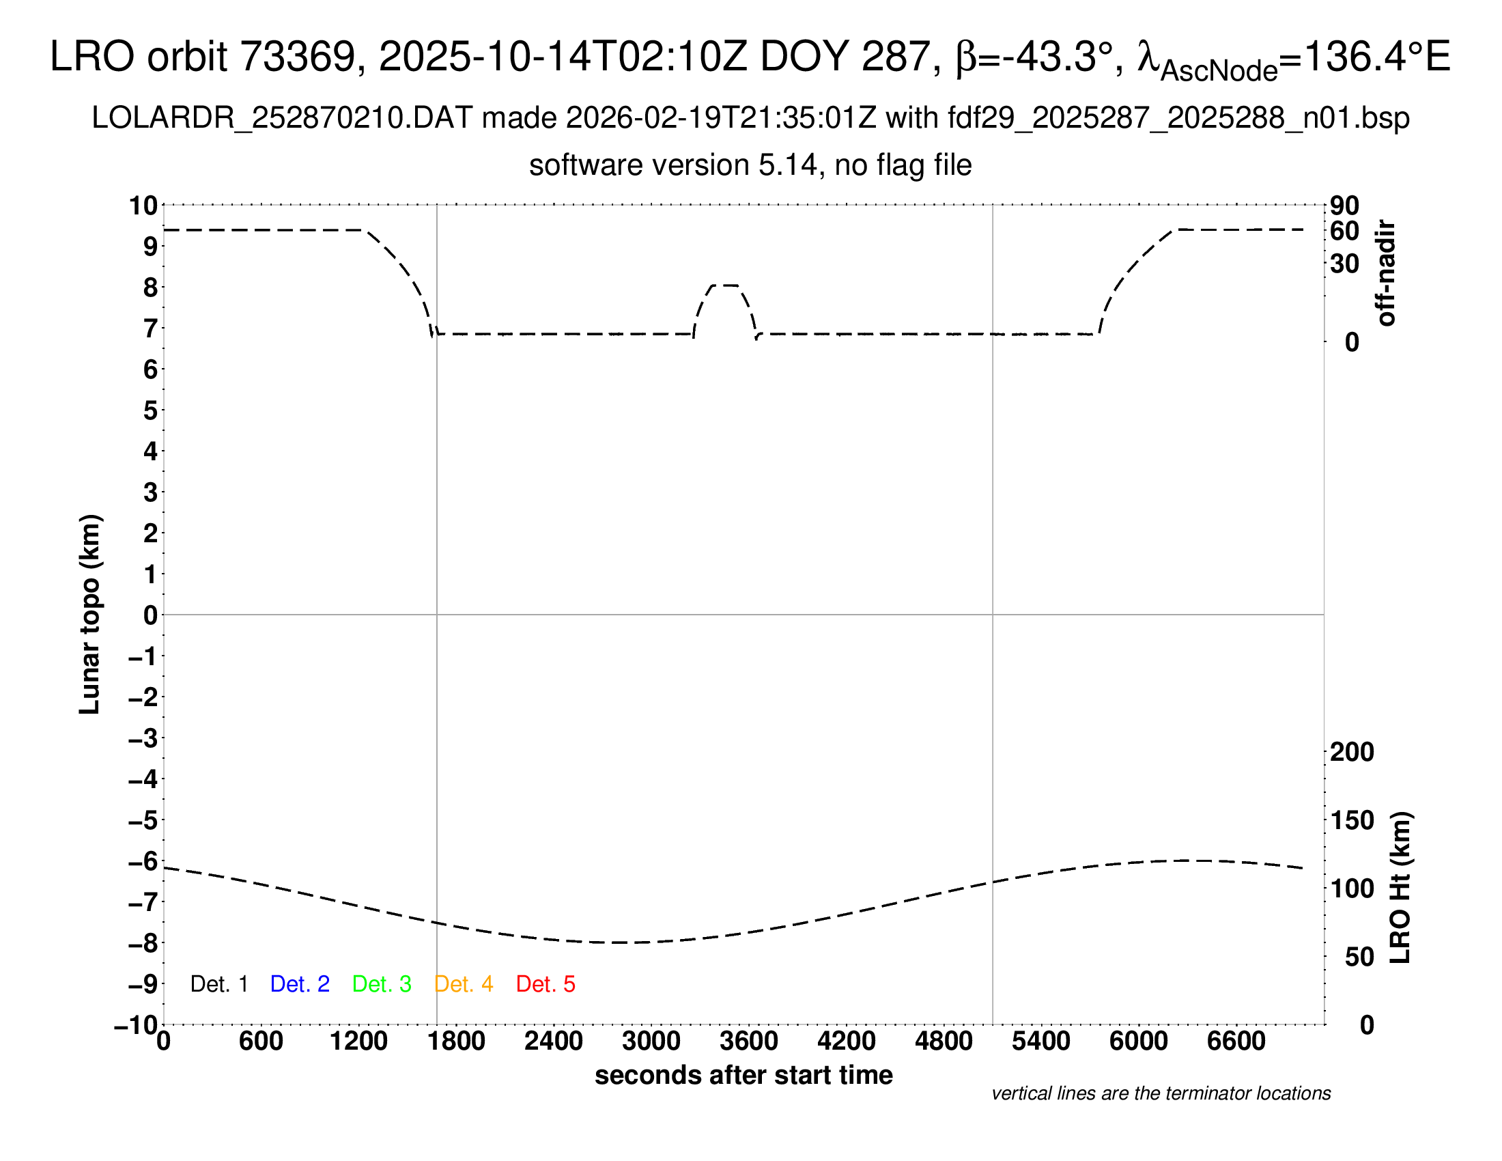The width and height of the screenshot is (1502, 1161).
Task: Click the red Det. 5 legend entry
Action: [x=545, y=984]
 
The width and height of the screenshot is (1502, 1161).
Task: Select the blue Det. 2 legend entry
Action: [x=300, y=984]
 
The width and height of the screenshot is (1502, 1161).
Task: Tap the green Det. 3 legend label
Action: [x=382, y=984]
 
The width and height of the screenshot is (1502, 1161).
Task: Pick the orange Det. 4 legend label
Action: [x=464, y=984]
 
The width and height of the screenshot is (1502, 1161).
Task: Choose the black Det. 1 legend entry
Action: [x=218, y=984]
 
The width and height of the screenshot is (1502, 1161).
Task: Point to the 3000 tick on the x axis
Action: [x=651, y=1041]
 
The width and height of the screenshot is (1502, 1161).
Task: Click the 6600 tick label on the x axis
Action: [x=1236, y=1041]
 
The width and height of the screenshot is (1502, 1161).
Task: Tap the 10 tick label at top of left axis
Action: [x=144, y=206]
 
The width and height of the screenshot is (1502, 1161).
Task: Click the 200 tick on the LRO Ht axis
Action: [x=1352, y=752]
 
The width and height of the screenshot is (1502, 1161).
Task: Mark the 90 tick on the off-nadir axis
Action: [x=1345, y=206]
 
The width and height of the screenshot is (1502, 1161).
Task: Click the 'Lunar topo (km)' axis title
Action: [x=90, y=614]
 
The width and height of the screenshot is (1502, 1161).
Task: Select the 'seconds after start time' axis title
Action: [x=743, y=1075]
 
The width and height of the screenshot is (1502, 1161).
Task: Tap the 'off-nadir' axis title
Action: [x=1387, y=273]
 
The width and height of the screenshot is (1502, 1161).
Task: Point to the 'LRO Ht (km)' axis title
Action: [x=1400, y=888]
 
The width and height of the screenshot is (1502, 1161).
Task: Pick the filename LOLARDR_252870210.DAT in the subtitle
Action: [x=282, y=118]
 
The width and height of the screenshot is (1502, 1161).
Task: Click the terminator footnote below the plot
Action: [x=1161, y=1093]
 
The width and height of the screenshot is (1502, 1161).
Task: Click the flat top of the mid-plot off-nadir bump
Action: [x=725, y=285]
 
